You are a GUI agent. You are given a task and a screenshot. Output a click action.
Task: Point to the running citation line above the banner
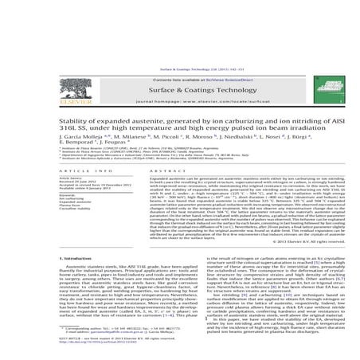pyautogui.click(x=180, y=14)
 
